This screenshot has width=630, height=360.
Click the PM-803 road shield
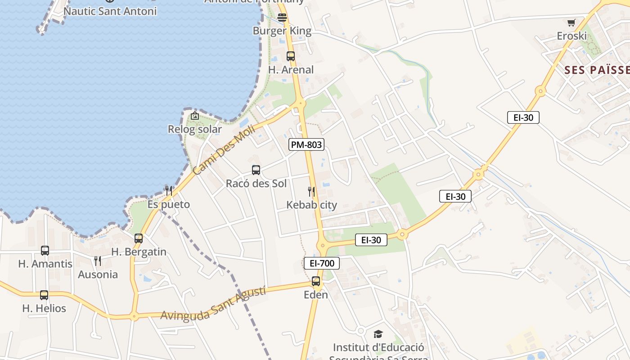(306, 144)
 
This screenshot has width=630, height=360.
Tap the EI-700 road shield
(322, 263)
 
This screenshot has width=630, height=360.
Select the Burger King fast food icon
(282, 18)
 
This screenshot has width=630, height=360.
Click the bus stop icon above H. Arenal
(291, 56)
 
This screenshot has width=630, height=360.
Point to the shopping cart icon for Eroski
(571, 22)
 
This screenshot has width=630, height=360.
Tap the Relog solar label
(195, 130)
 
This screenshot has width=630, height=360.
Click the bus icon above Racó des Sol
(256, 170)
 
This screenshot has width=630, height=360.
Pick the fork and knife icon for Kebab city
(311, 192)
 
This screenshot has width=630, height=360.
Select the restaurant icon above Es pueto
(169, 191)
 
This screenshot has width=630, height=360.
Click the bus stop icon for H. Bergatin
(139, 238)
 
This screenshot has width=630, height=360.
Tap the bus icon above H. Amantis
(45, 251)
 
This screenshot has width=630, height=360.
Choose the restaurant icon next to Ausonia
(98, 261)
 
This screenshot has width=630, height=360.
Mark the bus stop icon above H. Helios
(44, 295)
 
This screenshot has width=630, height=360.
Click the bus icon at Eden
(316, 282)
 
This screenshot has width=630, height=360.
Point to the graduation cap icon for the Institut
(378, 334)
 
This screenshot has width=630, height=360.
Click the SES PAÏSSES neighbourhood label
(597, 70)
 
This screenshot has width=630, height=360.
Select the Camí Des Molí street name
(224, 150)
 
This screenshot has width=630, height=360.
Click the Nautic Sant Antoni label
(110, 11)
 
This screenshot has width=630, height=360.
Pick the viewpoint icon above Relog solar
(195, 116)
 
